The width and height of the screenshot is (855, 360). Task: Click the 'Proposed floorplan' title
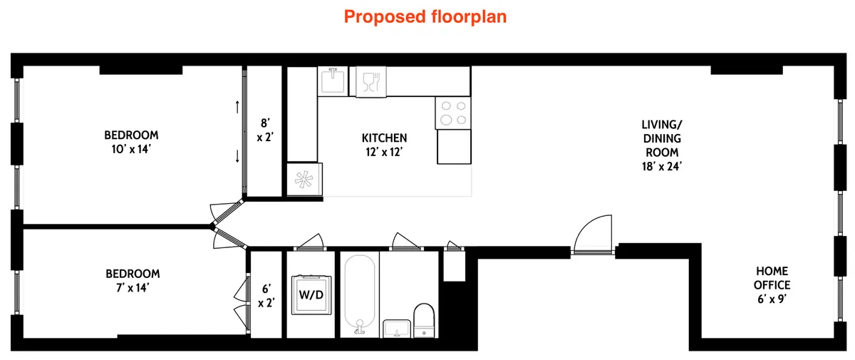click(425, 17)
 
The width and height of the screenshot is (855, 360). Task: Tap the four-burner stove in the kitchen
click(453, 112)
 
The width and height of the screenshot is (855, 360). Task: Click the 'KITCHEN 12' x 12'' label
click(384, 144)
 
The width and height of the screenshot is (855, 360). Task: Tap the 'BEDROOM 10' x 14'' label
click(131, 142)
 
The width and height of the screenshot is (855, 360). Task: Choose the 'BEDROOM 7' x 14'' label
click(133, 280)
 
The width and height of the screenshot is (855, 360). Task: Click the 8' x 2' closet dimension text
click(265, 130)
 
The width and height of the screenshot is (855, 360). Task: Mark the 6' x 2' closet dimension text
click(266, 296)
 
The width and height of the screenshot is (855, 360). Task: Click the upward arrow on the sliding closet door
click(237, 107)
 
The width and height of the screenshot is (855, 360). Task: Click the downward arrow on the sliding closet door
click(237, 157)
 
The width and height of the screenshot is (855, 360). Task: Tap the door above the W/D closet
click(311, 242)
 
